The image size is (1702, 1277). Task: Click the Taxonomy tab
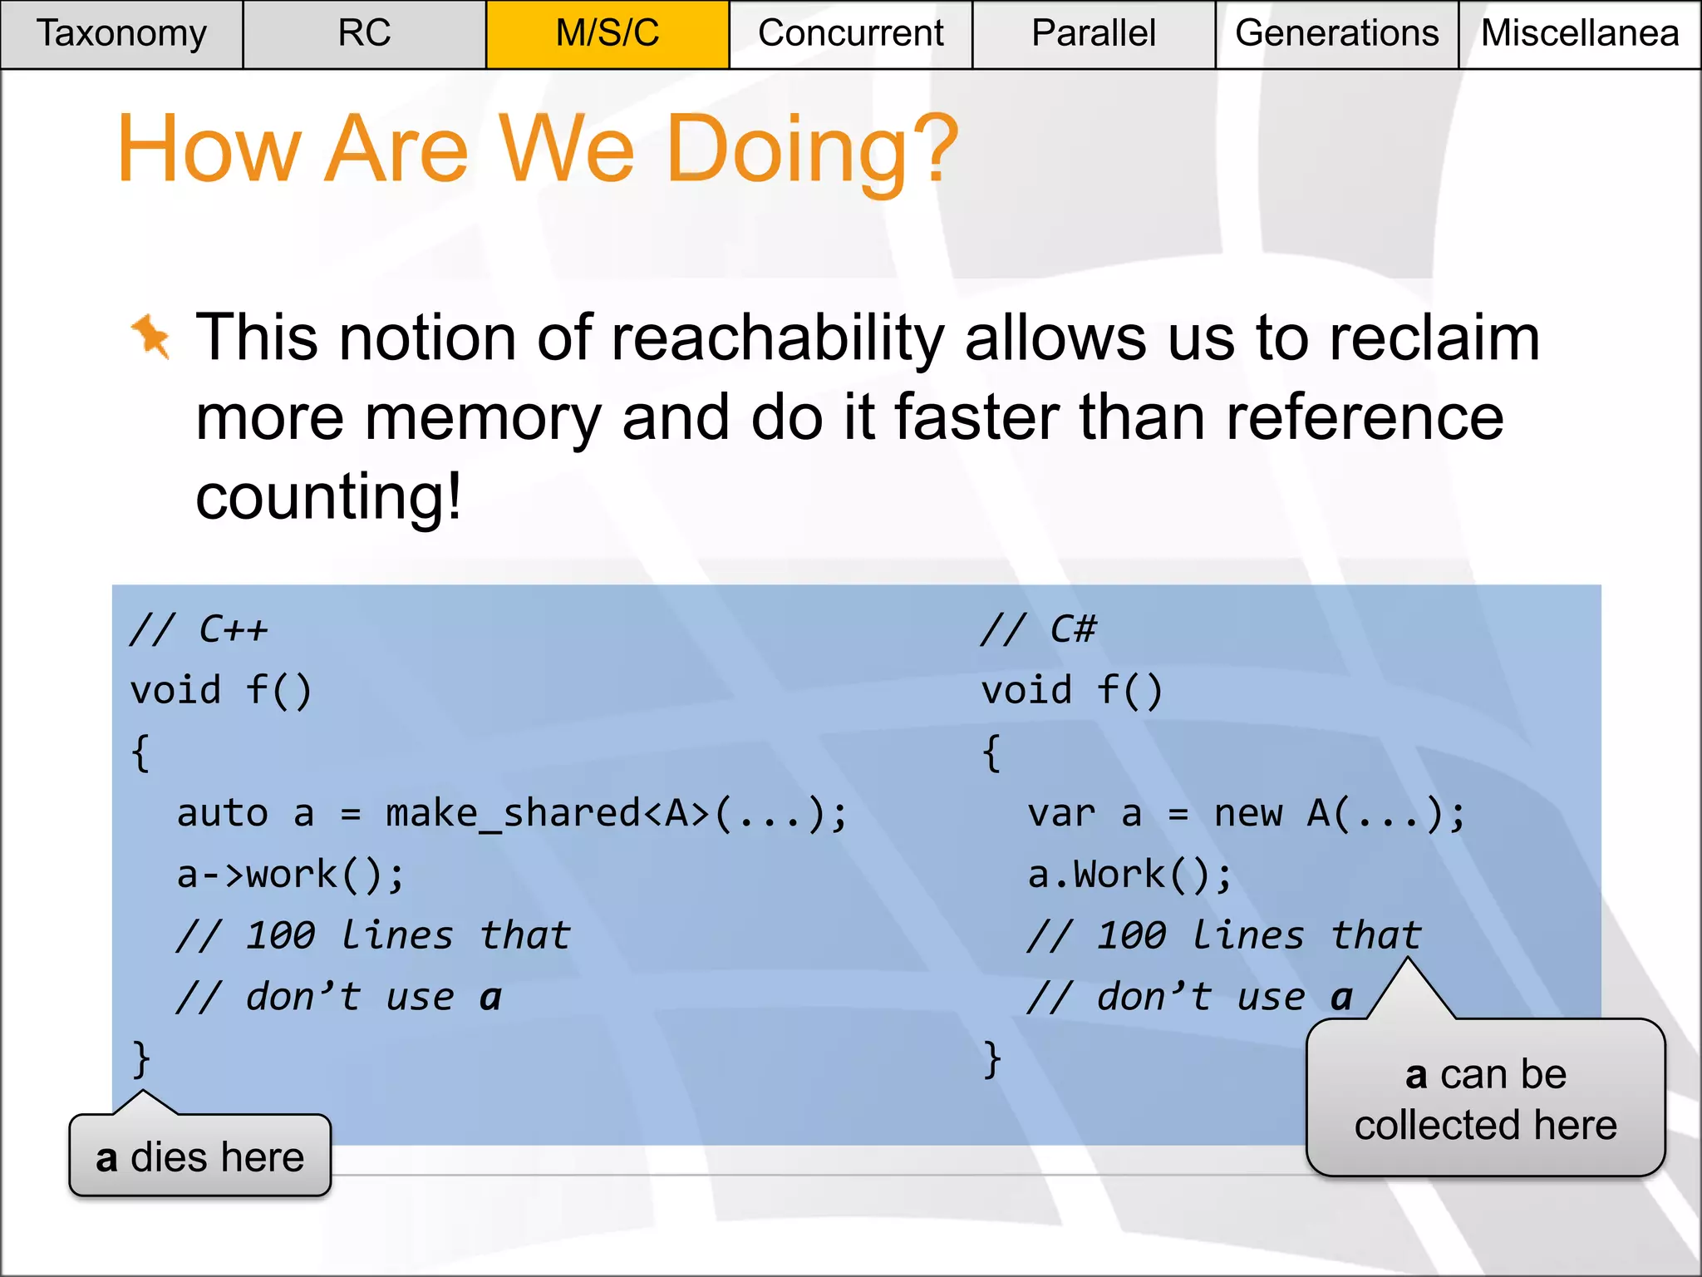tap(121, 34)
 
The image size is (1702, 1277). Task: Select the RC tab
tap(364, 34)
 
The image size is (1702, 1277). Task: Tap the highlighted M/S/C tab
tap(608, 34)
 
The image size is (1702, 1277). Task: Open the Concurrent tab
tap(850, 34)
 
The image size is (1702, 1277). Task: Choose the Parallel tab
tap(1093, 34)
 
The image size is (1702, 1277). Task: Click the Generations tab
tap(1336, 34)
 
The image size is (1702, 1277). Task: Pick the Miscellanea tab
tap(1579, 34)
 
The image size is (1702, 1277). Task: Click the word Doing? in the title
tap(812, 150)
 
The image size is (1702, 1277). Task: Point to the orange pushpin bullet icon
tap(151, 336)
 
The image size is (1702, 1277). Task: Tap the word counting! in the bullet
tap(328, 497)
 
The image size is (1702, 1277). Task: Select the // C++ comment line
tap(199, 629)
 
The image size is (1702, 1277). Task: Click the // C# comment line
tap(1039, 629)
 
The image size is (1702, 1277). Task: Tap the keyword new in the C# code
tap(1248, 814)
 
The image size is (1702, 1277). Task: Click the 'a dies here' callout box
tap(200, 1156)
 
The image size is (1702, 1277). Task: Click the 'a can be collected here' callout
tap(1485, 1099)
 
